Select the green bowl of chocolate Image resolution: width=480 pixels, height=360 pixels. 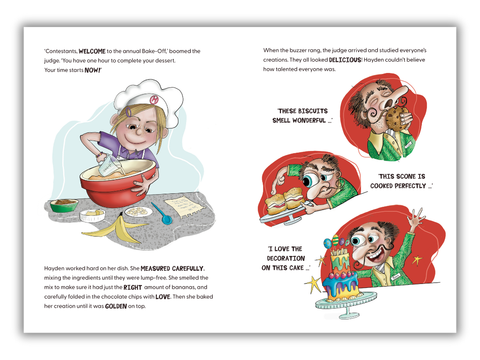point(64,205)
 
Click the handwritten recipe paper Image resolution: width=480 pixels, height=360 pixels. point(184,206)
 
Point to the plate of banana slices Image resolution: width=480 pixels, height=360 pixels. point(138,211)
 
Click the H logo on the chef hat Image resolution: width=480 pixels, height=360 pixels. point(154,100)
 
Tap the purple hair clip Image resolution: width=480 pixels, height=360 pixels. point(129,111)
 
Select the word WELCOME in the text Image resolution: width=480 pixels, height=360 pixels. point(92,51)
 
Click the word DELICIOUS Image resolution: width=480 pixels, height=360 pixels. point(345,60)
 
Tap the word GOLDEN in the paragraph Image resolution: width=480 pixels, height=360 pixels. point(116,306)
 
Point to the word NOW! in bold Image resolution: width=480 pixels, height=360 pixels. point(92,70)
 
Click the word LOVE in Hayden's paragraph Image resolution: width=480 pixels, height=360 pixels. point(163,296)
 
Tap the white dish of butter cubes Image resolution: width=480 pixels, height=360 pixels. point(92,215)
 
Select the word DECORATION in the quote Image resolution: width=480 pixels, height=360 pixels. point(286,258)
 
